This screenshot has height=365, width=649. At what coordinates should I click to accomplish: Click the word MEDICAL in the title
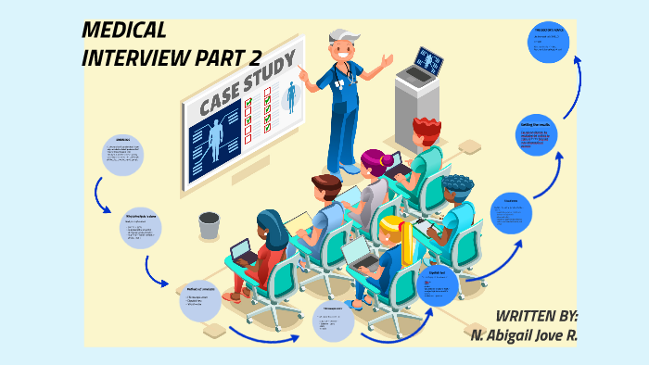[x=123, y=31]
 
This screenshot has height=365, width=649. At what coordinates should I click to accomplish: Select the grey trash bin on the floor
[x=210, y=225]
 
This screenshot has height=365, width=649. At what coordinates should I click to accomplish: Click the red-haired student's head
[x=427, y=128]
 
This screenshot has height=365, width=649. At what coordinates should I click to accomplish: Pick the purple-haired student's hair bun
[x=369, y=157]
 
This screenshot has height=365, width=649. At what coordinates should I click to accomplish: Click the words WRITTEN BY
[x=537, y=315]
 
